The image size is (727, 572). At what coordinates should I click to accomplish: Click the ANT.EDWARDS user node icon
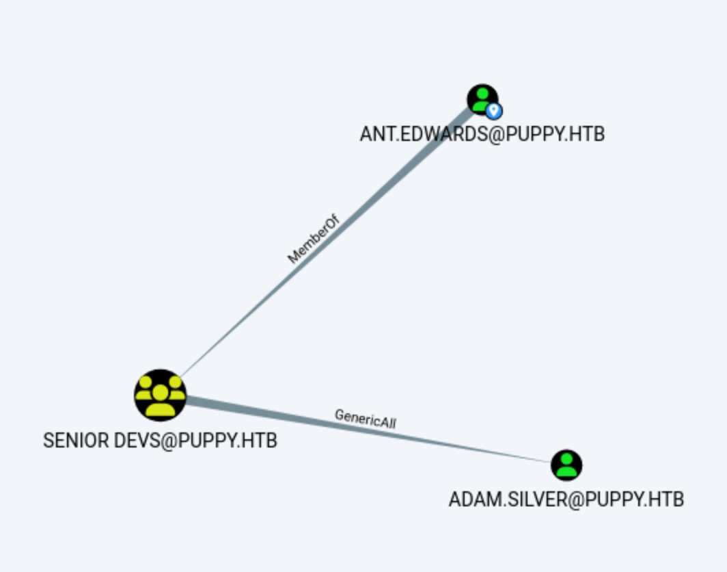coord(482,99)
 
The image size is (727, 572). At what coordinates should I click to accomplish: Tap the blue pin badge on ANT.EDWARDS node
coord(494,110)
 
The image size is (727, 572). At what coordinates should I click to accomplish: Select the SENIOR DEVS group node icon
coord(160,395)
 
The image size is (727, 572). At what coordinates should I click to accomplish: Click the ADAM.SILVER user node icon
coord(566,465)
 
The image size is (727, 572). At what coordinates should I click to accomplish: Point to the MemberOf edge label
coord(313,239)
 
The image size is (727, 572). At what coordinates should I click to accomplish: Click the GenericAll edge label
coord(366,418)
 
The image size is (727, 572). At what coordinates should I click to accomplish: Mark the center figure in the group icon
coord(160,398)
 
